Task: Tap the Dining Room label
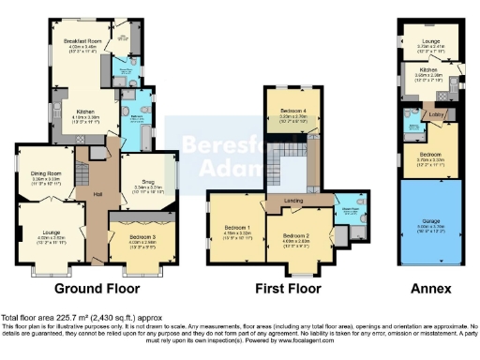pos(46,172)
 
